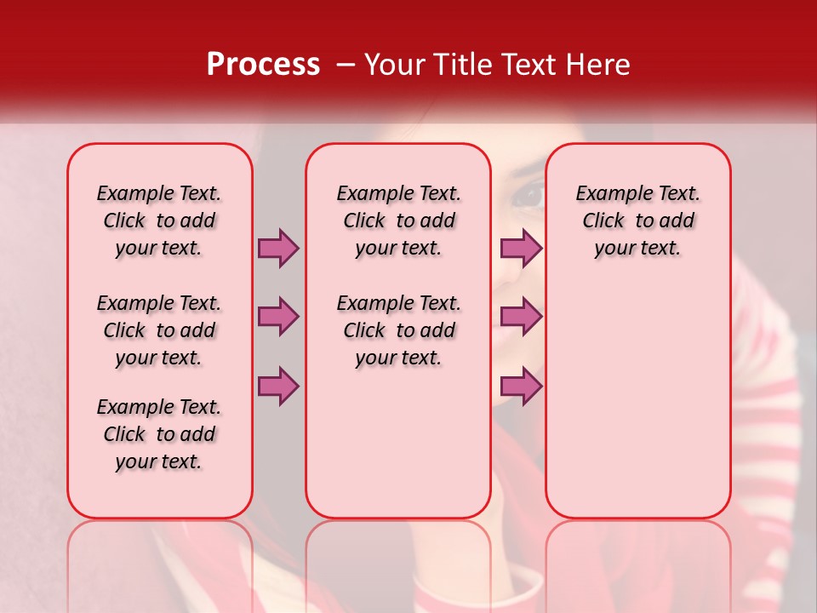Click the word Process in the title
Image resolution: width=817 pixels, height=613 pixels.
262,65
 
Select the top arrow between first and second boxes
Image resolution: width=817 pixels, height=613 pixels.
278,248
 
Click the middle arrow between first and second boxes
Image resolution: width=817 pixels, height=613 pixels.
278,317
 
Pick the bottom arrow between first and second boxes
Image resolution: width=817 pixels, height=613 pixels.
278,386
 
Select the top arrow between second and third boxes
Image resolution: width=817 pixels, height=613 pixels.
521,248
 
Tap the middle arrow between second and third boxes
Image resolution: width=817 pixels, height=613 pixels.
521,317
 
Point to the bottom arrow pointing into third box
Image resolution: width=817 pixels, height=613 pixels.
521,386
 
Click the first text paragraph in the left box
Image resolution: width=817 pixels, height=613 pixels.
159,221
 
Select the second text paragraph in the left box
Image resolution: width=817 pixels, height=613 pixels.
159,330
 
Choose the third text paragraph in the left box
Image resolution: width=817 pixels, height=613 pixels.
159,434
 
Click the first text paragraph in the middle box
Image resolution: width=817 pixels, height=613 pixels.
398,221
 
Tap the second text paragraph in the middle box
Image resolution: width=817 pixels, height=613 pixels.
398,330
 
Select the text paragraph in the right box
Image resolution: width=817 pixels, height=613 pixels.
638,221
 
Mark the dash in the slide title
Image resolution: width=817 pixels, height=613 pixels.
345,65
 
